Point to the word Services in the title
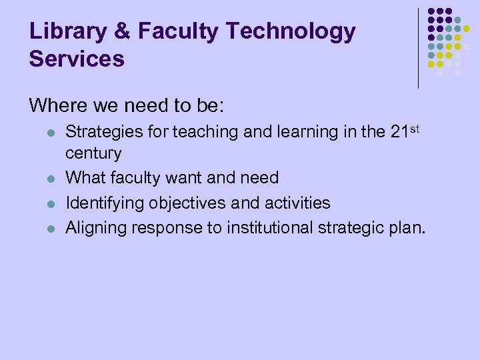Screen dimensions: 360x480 pos(77,59)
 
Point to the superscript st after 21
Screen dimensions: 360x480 pos(414,127)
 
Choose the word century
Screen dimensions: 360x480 pos(93,154)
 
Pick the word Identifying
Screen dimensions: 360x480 pos(104,203)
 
